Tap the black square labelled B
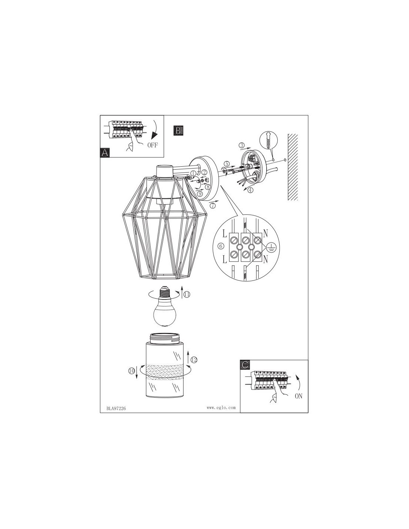(x=178, y=131)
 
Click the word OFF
(x=152, y=145)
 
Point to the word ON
(x=299, y=396)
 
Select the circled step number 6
(x=221, y=246)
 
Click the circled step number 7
(x=213, y=205)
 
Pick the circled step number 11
(x=187, y=295)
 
